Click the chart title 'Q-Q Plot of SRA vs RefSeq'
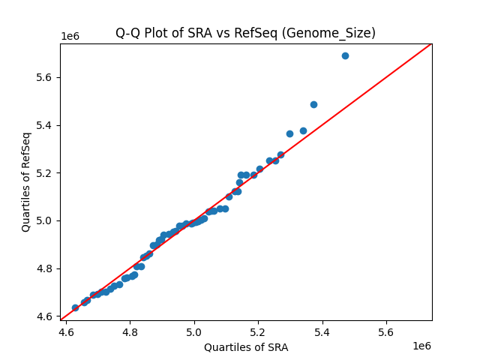(245, 33)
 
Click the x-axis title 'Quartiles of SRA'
(245, 347)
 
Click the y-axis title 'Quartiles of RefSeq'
(26, 181)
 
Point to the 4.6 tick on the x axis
(66, 332)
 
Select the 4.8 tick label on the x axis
(130, 332)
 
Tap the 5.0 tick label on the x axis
(194, 332)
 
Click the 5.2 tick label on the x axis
(258, 332)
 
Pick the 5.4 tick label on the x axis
(322, 332)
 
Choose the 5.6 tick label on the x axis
(386, 332)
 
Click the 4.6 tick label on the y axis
(46, 316)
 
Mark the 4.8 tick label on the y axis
(46, 268)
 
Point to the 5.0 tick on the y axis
(46, 220)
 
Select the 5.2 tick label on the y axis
(46, 173)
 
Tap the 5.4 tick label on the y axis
(46, 125)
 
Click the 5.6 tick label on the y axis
(46, 77)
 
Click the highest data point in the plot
(345, 55)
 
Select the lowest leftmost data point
(75, 307)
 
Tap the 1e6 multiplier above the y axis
(70, 37)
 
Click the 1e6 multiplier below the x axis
(421, 346)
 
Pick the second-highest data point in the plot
(313, 104)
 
